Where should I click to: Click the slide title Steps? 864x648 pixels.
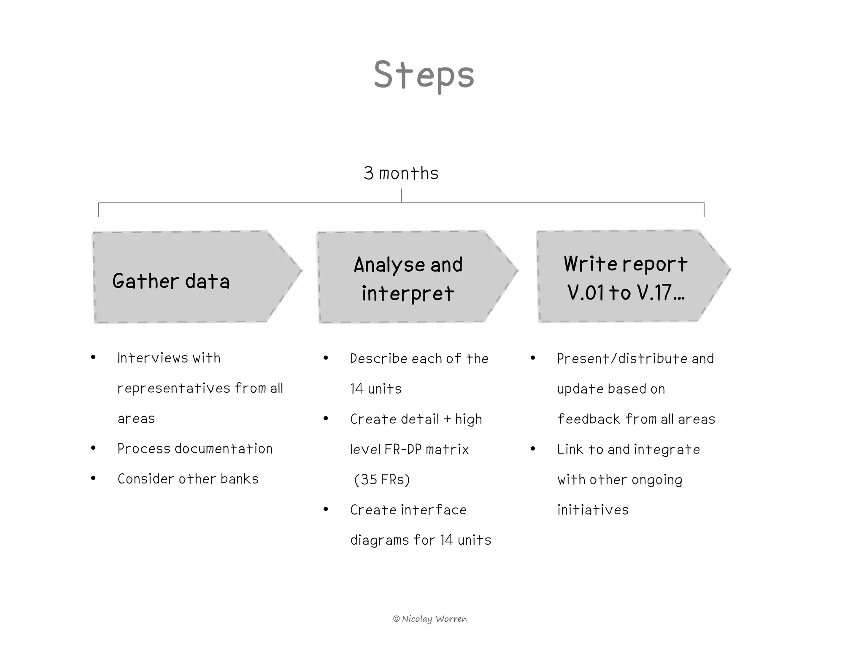coord(424,75)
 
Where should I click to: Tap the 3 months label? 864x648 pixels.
coord(401,173)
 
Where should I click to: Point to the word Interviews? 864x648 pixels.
coord(152,358)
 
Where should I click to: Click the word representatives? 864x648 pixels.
coord(173,388)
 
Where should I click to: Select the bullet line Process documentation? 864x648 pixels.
coord(195,449)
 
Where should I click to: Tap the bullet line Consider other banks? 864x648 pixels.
coord(188,479)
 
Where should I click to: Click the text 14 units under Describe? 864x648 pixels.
coord(375,389)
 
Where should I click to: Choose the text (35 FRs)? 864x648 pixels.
coord(382,480)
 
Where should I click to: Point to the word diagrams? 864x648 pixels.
coord(379,540)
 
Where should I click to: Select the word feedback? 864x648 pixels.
coord(589,419)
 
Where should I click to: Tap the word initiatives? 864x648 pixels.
coord(593,510)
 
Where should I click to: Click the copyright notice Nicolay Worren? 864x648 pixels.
coord(430,619)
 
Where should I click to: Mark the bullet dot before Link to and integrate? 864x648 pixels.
coord(533,449)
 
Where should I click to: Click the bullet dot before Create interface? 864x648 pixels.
coord(326,509)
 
